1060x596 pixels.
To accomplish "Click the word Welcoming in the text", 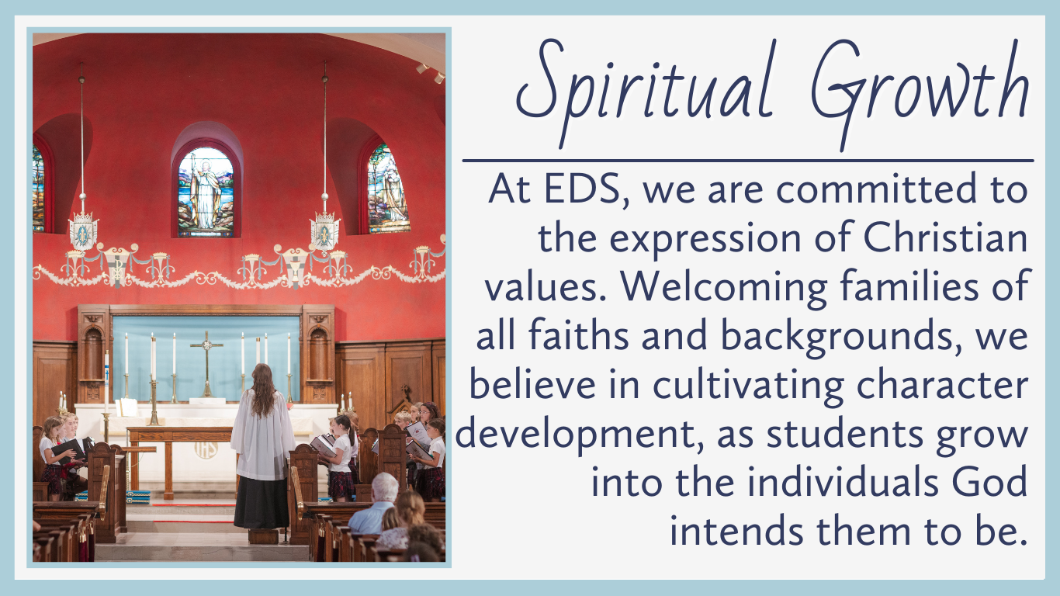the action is tap(723, 288).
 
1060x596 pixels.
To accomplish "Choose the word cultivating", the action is tap(748, 386).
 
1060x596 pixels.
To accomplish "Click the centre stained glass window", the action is tap(206, 192).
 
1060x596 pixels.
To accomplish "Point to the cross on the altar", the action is tap(206, 363).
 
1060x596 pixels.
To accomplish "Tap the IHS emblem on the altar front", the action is tap(206, 450).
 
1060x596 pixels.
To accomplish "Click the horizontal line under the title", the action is tap(748, 161).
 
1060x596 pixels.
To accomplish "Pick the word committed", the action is tap(876, 189).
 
